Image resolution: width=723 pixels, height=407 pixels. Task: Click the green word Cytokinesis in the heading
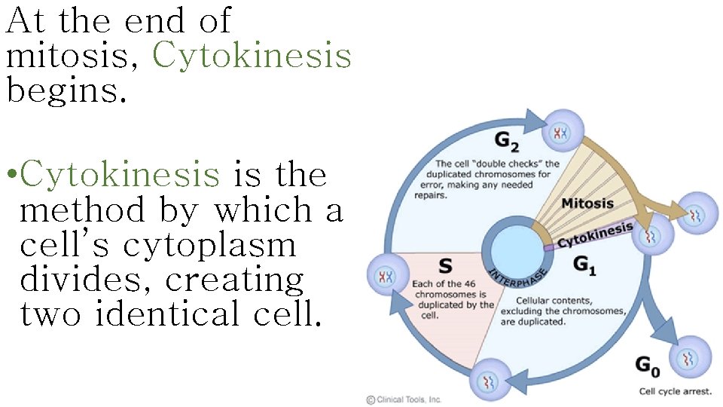(252, 55)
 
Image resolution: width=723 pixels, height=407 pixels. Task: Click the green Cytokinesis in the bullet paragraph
(120, 175)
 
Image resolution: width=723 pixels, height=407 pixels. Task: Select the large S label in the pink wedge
(446, 265)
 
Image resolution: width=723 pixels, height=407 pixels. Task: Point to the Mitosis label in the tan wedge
(587, 203)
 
